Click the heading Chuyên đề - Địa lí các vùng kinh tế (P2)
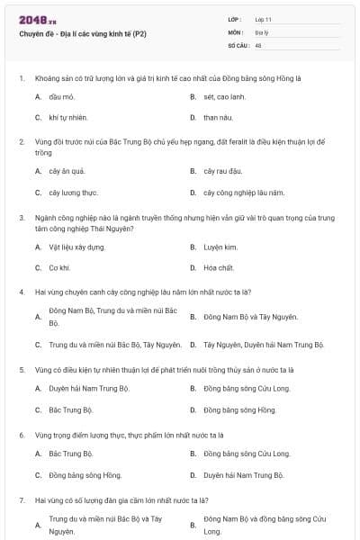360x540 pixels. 83,33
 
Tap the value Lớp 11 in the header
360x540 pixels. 264,19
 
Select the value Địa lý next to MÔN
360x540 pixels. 261,31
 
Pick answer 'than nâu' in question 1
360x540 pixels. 216,117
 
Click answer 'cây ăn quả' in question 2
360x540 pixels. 67,170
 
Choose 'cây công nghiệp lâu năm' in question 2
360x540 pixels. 243,192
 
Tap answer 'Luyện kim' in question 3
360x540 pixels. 220,246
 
